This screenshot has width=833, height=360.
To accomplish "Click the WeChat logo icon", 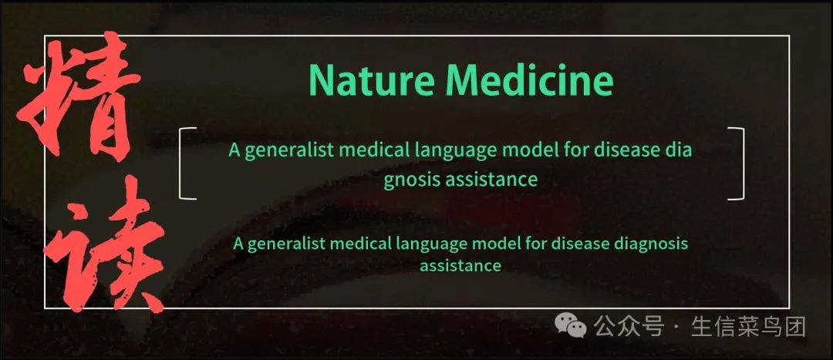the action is pyautogui.click(x=571, y=325).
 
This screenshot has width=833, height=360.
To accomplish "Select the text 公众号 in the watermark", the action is pyautogui.click(x=629, y=326).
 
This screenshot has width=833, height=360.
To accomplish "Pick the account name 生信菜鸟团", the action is pyautogui.click(x=748, y=326).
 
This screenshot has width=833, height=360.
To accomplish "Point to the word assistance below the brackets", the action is pyautogui.click(x=460, y=265).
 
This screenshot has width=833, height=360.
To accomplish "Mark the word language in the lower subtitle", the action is pyautogui.click(x=433, y=245).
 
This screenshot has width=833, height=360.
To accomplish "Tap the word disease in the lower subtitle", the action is pyautogui.click(x=581, y=244).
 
